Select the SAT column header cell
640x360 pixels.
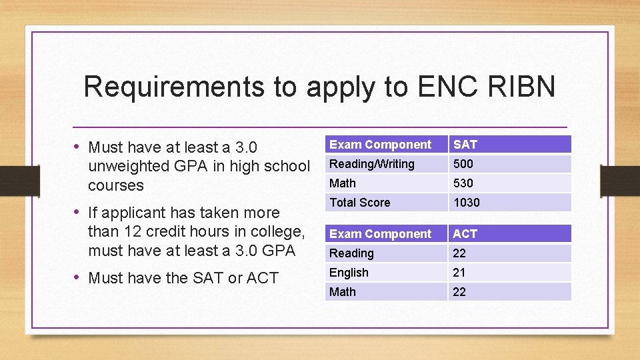pos(509,145)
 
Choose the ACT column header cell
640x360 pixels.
pos(509,234)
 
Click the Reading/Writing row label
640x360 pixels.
pos(372,164)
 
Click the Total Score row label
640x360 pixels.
pos(360,203)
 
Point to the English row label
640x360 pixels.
pos(349,273)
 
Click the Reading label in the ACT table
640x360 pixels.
pos(351,253)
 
